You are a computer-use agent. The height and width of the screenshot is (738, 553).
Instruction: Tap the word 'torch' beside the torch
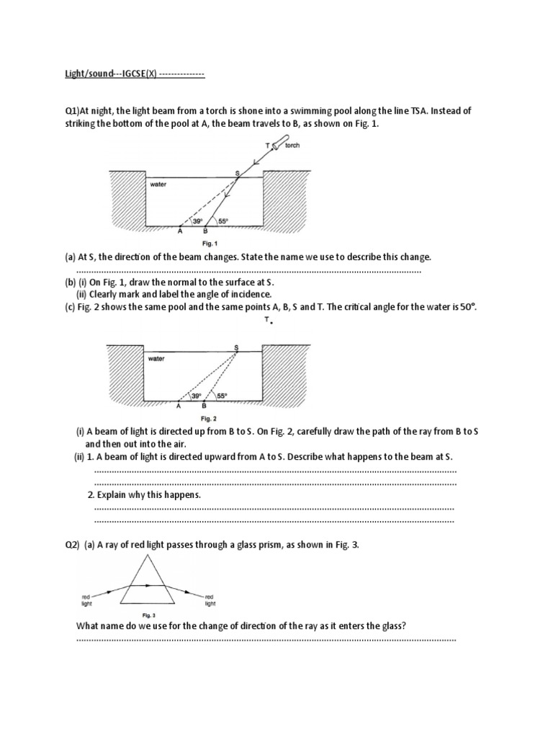(292, 145)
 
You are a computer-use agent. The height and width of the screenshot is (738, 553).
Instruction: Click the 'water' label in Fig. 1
(158, 184)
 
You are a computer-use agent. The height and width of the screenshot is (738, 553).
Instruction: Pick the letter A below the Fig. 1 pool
(181, 232)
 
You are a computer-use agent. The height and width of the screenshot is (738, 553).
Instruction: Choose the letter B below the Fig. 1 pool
(205, 232)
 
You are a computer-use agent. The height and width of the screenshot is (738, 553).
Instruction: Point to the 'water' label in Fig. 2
(156, 358)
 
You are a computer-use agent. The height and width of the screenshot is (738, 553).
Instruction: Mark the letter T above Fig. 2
(266, 319)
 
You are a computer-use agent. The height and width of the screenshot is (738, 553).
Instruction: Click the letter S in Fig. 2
(237, 347)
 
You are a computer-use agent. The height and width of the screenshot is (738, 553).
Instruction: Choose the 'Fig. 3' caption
(148, 615)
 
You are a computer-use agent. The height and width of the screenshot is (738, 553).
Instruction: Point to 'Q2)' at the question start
(71, 545)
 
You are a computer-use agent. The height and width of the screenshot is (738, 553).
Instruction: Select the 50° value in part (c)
(468, 306)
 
